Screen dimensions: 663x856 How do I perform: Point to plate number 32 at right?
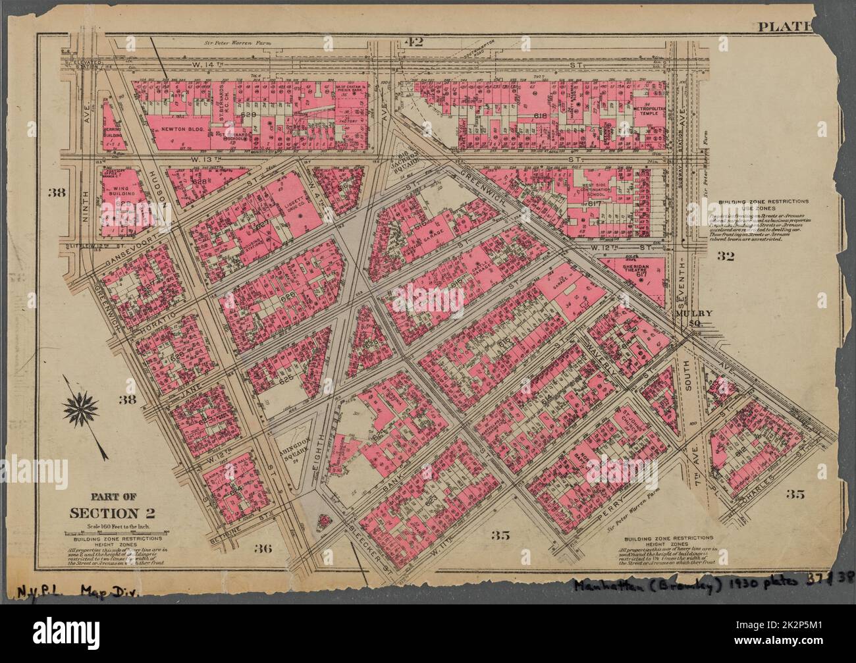726,257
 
